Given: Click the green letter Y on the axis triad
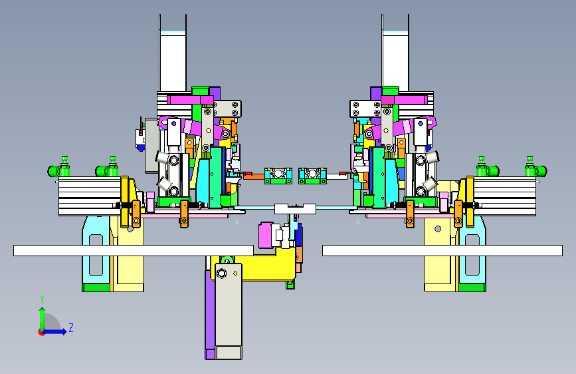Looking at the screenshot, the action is (x=42, y=299).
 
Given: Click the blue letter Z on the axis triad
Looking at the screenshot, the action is (x=71, y=327).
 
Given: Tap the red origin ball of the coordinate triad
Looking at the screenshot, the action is (x=41, y=332).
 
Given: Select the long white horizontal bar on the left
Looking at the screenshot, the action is (x=134, y=250).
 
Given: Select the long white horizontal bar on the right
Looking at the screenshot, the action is (x=442, y=250).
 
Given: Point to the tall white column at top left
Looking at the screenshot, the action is (x=173, y=53).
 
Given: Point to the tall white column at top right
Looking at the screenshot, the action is (x=395, y=53).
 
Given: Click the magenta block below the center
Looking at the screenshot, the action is (x=266, y=235).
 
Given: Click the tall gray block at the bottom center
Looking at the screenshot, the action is (x=229, y=311).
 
